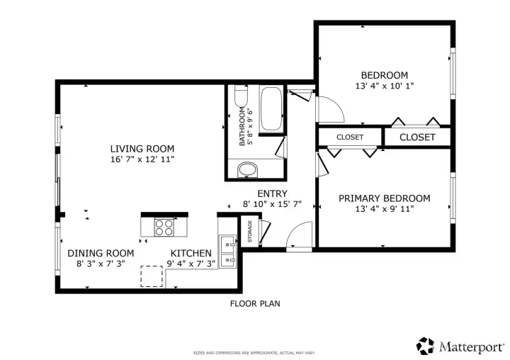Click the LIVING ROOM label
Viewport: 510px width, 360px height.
pos(142,149)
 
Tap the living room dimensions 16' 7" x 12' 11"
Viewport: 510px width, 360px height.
pos(142,159)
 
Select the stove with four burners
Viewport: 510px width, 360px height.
pos(164,227)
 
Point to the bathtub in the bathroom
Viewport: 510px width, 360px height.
pos(271,108)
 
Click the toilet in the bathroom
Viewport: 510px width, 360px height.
pos(241,96)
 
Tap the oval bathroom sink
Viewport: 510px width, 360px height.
pos(247,169)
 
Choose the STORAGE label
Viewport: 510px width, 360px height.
pos(250,232)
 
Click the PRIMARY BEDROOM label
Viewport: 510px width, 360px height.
pos(385,198)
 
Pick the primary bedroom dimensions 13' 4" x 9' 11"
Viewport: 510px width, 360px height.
pos(385,208)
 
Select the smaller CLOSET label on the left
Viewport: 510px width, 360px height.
pos(350,137)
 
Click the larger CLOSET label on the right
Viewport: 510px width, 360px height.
pos(417,137)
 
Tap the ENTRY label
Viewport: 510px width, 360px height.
pos(272,193)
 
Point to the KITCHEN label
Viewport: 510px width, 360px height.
pos(191,253)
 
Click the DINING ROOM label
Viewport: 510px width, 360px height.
pos(101,253)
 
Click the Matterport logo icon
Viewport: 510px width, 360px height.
pos(426,346)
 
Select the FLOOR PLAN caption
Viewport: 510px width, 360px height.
pos(255,304)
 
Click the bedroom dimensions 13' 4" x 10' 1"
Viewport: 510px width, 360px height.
pos(385,86)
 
